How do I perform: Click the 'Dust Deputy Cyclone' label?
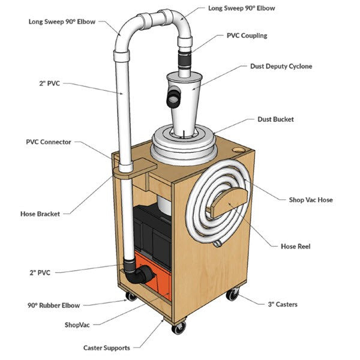(x=281, y=66)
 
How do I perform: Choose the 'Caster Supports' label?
(x=107, y=347)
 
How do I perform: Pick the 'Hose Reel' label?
(x=296, y=246)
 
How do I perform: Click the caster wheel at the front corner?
(x=178, y=328)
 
